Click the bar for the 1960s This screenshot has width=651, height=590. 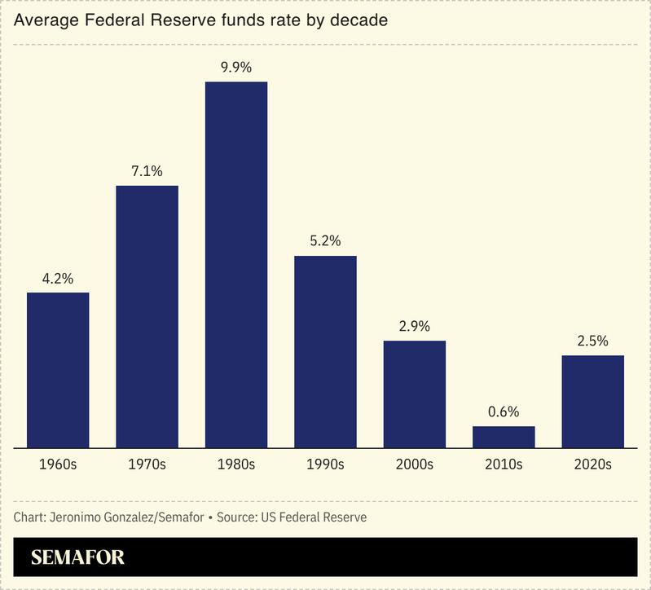click(x=58, y=370)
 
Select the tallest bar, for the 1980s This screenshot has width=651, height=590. click(x=236, y=265)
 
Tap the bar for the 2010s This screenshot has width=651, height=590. click(x=504, y=437)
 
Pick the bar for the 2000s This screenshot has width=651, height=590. click(x=415, y=394)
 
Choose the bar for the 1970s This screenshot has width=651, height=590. click(x=147, y=316)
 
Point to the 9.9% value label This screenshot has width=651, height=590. click(x=236, y=68)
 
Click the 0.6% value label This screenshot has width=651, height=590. click(x=504, y=412)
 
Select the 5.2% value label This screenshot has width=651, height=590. click(x=325, y=241)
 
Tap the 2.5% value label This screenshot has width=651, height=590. click(x=592, y=341)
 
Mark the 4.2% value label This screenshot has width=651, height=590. click(x=58, y=278)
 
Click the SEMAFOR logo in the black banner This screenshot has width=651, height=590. click(x=77, y=558)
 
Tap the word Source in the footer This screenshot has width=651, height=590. click(x=238, y=517)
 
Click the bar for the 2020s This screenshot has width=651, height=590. click(x=592, y=401)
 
